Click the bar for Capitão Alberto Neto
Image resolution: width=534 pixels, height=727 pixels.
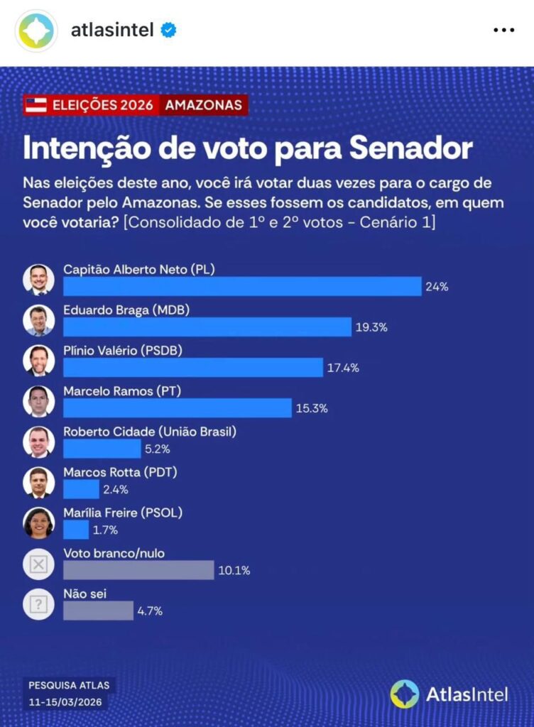[x=242, y=286]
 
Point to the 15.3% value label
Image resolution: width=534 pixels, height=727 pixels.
[x=313, y=408]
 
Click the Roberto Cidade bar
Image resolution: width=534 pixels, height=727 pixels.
[x=102, y=449]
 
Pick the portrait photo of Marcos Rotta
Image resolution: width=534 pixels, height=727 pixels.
[x=38, y=482]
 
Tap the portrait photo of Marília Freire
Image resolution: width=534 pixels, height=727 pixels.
[x=38, y=523]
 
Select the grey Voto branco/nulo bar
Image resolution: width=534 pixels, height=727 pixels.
[x=138, y=569]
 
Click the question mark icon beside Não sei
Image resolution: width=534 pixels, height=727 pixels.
[x=38, y=605]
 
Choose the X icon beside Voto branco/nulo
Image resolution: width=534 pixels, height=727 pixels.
[x=38, y=564]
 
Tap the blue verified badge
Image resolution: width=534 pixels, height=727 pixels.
[x=168, y=31]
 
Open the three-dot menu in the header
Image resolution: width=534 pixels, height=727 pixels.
[x=503, y=31]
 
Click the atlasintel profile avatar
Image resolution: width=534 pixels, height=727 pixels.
[x=36, y=31]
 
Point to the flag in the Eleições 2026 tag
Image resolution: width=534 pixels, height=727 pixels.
[x=36, y=106]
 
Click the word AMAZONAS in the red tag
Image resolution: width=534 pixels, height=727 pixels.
[x=203, y=106]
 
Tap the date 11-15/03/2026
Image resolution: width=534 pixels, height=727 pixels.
[x=65, y=701]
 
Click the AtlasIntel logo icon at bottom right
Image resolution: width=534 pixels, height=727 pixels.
[x=405, y=694]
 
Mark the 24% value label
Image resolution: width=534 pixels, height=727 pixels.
[x=437, y=287]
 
